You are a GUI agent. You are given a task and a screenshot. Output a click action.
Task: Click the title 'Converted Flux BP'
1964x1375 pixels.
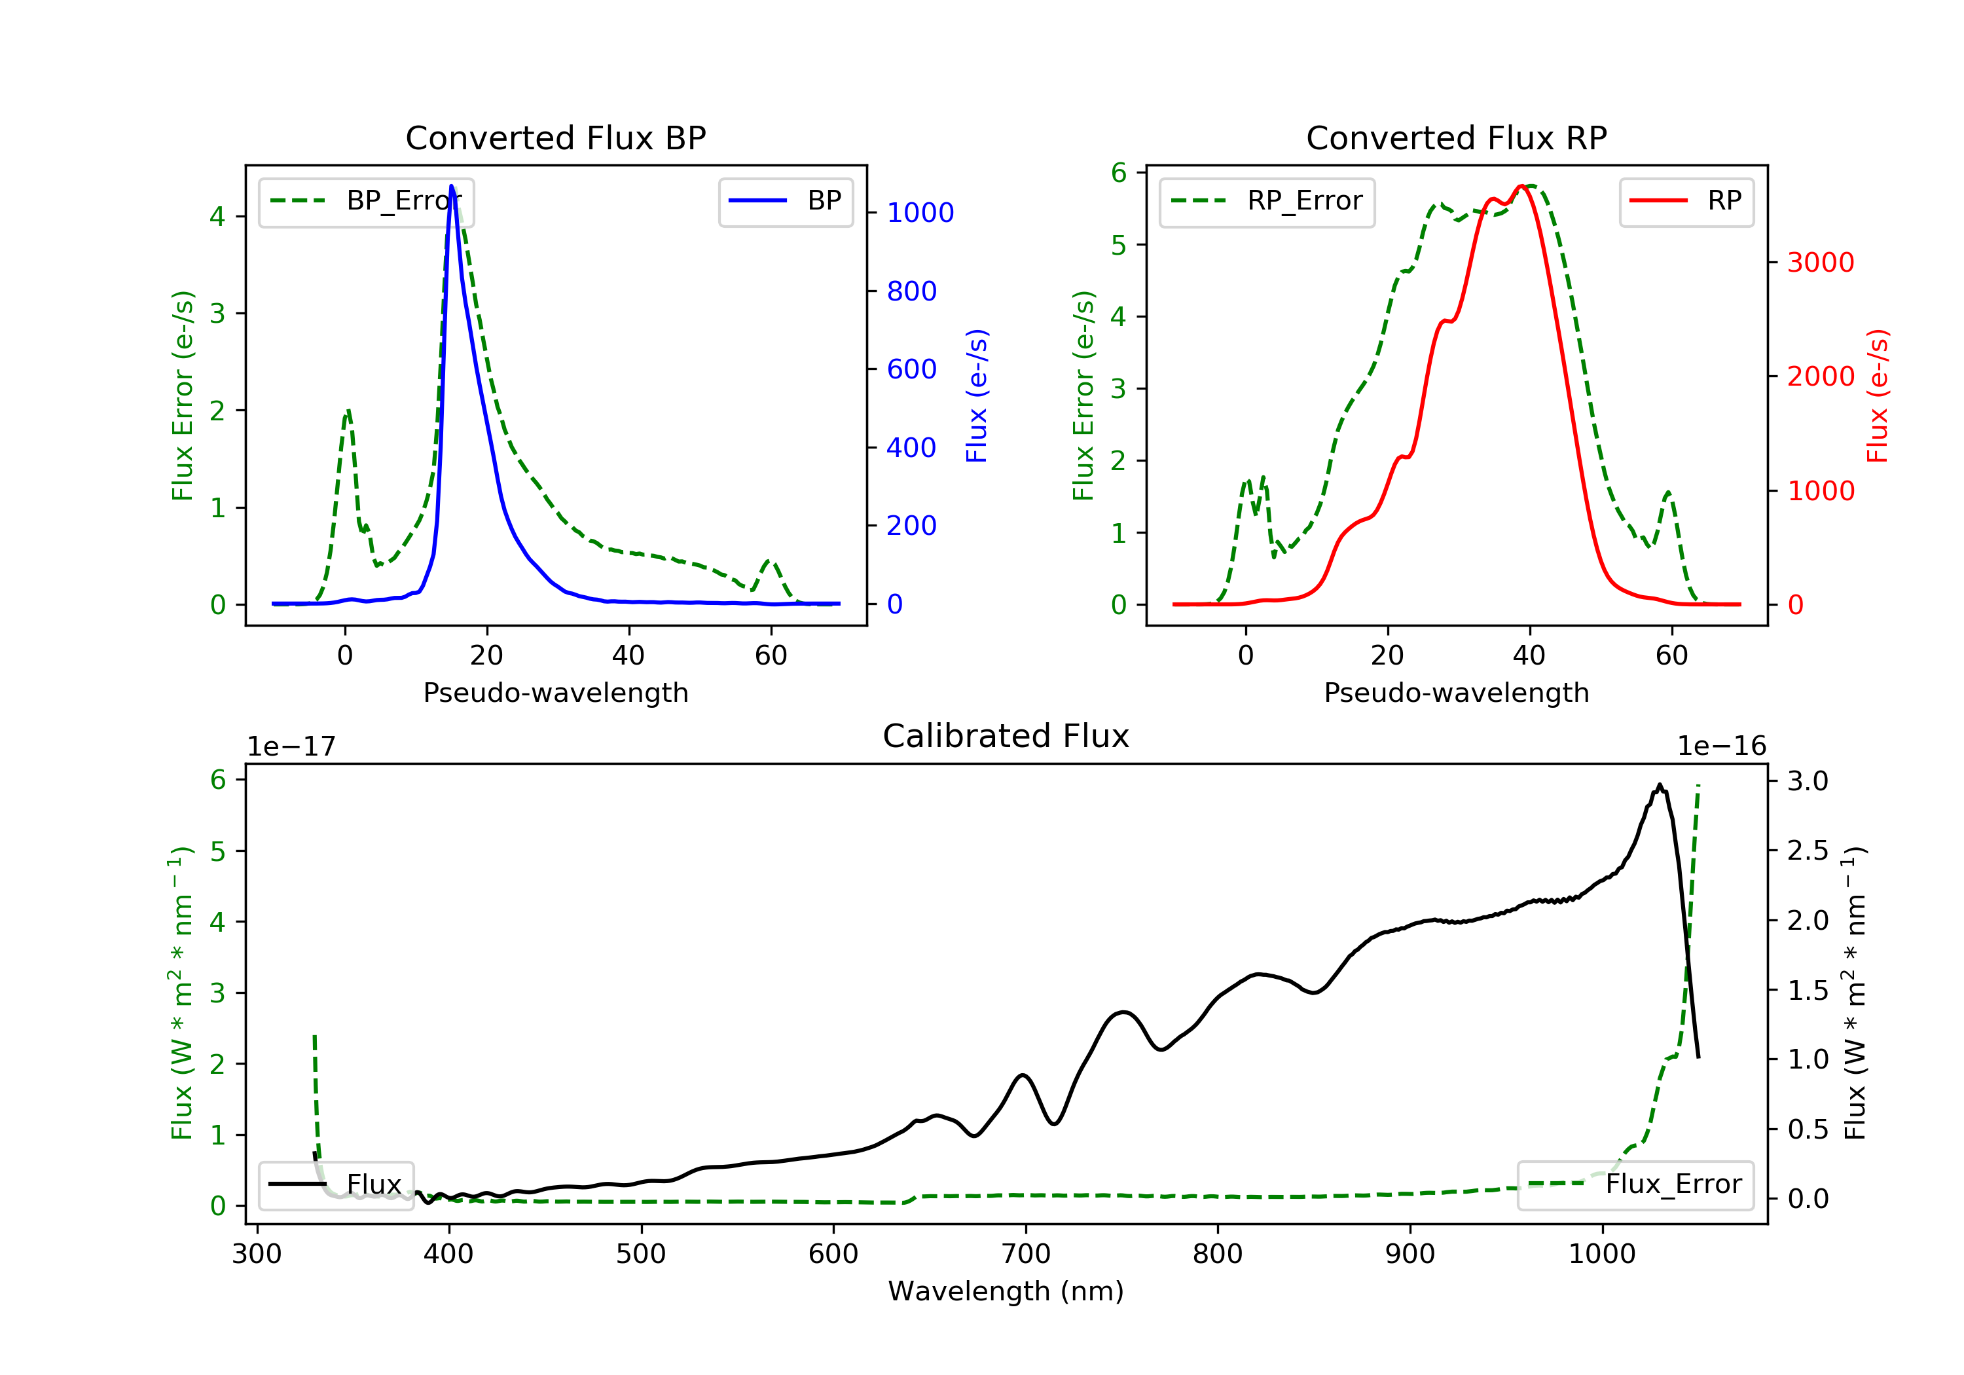[x=556, y=137]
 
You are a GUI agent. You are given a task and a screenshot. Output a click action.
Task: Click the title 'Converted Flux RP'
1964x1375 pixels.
[x=1457, y=137]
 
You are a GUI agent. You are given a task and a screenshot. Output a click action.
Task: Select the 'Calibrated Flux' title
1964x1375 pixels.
[x=1006, y=736]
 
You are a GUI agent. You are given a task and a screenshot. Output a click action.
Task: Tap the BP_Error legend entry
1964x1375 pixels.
[x=366, y=201]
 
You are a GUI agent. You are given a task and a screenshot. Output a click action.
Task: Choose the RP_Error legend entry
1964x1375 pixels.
[x=1267, y=201]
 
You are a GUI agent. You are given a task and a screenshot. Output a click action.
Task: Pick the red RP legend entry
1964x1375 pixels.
[x=1686, y=201]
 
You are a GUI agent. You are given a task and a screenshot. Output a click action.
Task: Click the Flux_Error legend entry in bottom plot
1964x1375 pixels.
[x=1635, y=1184]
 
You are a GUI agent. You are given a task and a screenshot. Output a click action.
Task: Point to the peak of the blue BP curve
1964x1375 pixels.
[x=452, y=186]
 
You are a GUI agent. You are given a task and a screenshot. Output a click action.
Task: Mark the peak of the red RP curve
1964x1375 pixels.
[x=1521, y=186]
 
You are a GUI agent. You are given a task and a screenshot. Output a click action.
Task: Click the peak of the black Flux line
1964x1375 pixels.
[x=1660, y=784]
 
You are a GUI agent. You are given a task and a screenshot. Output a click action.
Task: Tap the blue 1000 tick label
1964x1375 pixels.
[x=920, y=212]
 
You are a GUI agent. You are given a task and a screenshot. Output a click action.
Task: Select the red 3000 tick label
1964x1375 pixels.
[x=1821, y=262]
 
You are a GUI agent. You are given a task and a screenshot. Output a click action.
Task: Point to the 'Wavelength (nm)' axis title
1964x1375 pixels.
[x=1006, y=1291]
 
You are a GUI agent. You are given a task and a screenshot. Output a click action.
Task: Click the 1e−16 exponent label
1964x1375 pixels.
[x=1721, y=746]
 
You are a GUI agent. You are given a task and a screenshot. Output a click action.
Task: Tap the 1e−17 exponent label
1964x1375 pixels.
[x=292, y=746]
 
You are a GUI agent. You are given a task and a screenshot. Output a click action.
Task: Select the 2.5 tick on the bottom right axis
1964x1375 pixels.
[x=1808, y=851]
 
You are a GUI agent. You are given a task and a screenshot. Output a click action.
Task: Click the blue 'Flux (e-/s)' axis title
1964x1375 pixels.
[x=977, y=395]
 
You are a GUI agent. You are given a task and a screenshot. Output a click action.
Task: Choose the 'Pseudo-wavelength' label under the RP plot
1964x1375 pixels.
[x=1457, y=692]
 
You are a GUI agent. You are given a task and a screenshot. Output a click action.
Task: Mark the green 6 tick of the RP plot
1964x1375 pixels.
[x=1119, y=173]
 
